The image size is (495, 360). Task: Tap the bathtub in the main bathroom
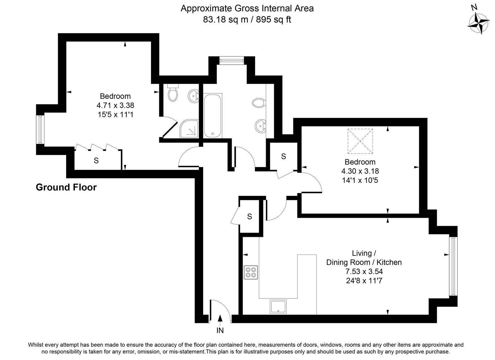click(x=213, y=116)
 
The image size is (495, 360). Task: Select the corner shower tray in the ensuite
click(x=189, y=129)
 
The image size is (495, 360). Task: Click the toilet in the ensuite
click(x=173, y=93)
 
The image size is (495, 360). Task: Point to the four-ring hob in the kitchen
click(x=251, y=272)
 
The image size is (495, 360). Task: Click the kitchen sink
click(x=278, y=306)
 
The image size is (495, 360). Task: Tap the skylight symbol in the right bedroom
click(x=360, y=141)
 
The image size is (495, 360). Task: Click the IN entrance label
click(x=220, y=330)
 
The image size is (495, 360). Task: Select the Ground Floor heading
click(x=66, y=187)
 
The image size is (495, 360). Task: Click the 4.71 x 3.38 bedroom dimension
click(x=115, y=105)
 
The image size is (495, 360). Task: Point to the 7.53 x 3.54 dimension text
click(x=364, y=271)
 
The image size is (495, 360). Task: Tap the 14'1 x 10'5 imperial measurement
click(x=360, y=180)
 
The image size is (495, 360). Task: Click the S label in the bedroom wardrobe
click(x=96, y=161)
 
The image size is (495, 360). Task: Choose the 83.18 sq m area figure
click(x=226, y=20)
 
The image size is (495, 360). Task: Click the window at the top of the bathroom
click(x=232, y=60)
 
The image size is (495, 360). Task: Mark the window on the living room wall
click(x=453, y=266)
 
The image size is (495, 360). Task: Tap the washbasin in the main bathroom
click(x=260, y=126)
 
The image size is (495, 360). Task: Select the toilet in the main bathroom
click(x=259, y=103)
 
